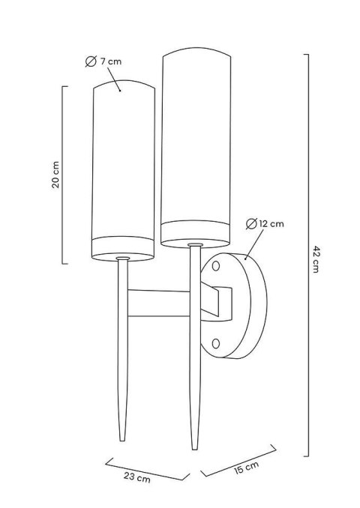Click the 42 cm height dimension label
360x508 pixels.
click(x=316, y=258)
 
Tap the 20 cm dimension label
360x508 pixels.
click(x=56, y=175)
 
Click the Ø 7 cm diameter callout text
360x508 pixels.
click(x=104, y=61)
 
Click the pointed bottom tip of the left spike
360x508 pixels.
click(x=120, y=440)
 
